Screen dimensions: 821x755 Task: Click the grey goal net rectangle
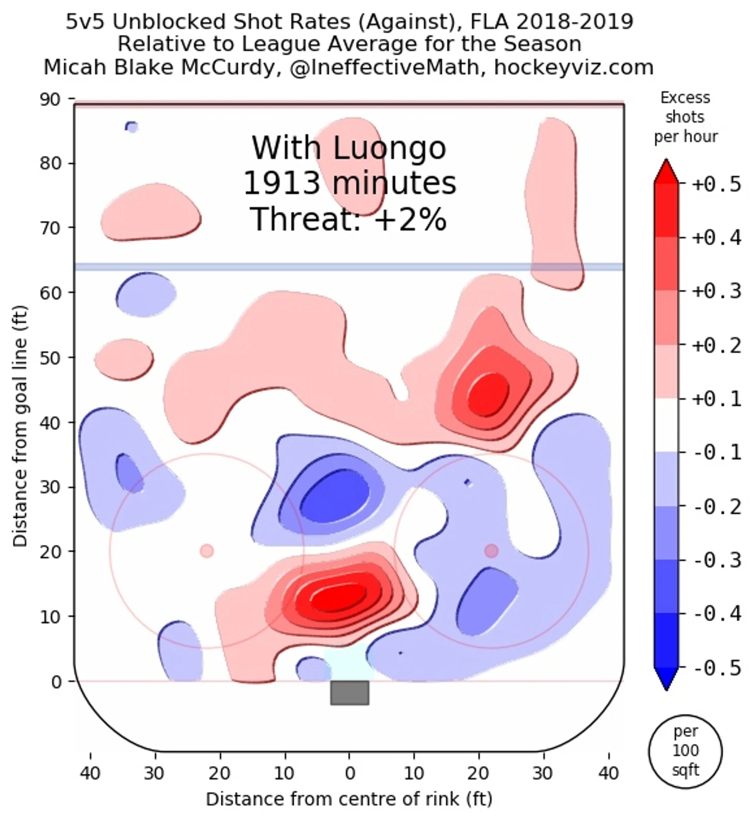pyautogui.click(x=350, y=693)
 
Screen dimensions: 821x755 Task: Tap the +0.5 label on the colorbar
pyautogui.click(x=716, y=184)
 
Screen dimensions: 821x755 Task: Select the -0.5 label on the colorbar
pyautogui.click(x=716, y=668)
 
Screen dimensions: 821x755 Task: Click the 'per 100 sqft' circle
pyautogui.click(x=685, y=751)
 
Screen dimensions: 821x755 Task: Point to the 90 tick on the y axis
pyautogui.click(x=50, y=99)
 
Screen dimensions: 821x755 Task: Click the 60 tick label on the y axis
pyautogui.click(x=50, y=292)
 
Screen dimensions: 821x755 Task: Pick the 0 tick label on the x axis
pyautogui.click(x=350, y=773)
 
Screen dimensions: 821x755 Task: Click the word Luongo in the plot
pyautogui.click(x=389, y=149)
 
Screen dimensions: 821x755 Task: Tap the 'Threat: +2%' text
pyautogui.click(x=349, y=219)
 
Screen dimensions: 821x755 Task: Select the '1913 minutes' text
pyautogui.click(x=350, y=183)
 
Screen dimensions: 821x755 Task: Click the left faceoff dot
pyautogui.click(x=207, y=551)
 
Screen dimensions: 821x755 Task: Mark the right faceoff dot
pyautogui.click(x=491, y=551)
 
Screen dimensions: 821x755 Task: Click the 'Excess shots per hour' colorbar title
pyautogui.click(x=685, y=117)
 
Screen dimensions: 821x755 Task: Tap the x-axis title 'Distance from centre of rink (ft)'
pyautogui.click(x=349, y=799)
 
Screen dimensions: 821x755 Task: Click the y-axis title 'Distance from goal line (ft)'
pyautogui.click(x=20, y=426)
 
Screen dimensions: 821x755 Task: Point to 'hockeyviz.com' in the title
pyautogui.click(x=573, y=67)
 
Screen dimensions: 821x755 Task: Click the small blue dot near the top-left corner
pyautogui.click(x=132, y=126)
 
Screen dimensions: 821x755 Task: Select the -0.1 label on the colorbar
pyautogui.click(x=716, y=452)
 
